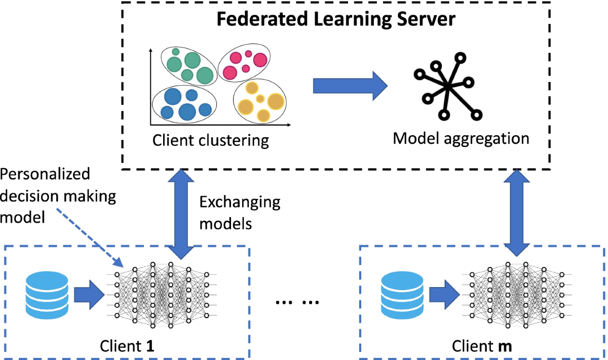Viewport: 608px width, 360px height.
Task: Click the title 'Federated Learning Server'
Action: tap(336, 19)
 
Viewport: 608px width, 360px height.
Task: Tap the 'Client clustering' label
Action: tap(211, 141)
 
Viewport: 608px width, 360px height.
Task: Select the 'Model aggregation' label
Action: tap(461, 139)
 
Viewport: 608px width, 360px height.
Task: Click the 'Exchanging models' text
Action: tap(240, 213)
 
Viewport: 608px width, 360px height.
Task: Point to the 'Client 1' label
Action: tap(127, 346)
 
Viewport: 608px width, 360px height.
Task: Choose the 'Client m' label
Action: tap(482, 346)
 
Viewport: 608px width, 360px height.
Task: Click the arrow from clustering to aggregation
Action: tap(350, 86)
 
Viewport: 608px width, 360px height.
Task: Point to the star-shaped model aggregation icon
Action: tap(448, 86)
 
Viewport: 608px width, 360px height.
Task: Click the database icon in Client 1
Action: tap(47, 295)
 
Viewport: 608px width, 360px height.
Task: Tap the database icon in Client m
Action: tap(402, 295)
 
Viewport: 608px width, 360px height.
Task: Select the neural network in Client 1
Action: tap(162, 295)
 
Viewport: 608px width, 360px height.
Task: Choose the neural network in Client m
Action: tap(517, 295)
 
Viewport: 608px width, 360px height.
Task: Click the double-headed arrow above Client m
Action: tap(517, 213)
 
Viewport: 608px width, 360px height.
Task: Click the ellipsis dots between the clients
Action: tap(297, 302)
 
